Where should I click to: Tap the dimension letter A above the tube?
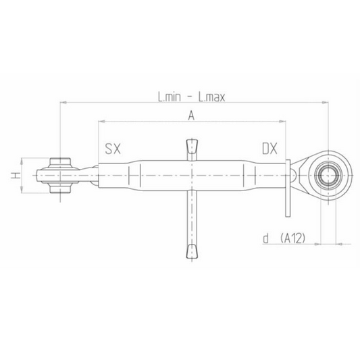point(191,116)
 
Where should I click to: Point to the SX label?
point(113,149)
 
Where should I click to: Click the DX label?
point(270,149)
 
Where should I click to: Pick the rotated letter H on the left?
point(14,176)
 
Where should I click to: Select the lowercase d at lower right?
point(266,238)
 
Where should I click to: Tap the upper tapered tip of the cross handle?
point(191,146)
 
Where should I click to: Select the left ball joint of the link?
point(61,176)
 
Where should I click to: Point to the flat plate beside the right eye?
point(288,188)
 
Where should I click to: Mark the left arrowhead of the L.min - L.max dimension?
point(63,103)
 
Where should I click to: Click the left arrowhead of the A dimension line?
point(102,122)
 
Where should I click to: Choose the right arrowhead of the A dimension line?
point(282,122)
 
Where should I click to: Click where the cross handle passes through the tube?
point(191,176)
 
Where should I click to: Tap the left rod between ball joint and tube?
point(88,176)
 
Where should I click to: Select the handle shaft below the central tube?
point(191,216)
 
